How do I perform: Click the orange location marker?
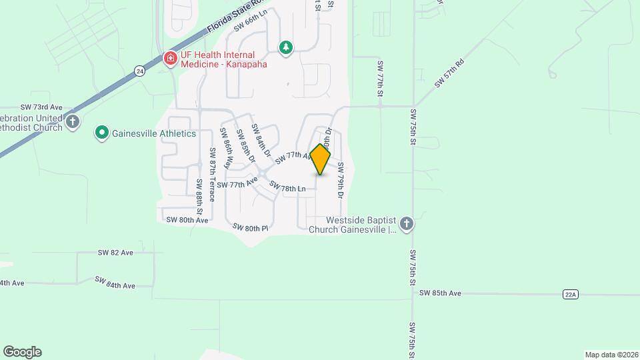click(x=321, y=159)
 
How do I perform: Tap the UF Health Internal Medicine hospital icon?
click(x=170, y=59)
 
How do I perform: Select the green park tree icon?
click(x=286, y=47)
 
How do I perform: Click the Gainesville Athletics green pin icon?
click(x=101, y=133)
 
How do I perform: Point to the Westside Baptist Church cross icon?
click(x=407, y=224)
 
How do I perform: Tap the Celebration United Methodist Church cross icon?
click(x=73, y=122)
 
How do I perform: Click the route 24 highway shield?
click(x=139, y=70)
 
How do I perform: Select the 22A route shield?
click(x=569, y=293)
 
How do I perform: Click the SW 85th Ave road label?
click(x=440, y=293)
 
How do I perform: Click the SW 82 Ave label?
click(x=115, y=253)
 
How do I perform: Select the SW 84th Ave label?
click(x=115, y=283)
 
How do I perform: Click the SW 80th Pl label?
click(x=251, y=228)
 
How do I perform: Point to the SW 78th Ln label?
click(x=287, y=189)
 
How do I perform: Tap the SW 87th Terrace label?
click(x=212, y=174)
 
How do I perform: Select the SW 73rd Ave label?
click(x=41, y=107)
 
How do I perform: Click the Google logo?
click(x=22, y=351)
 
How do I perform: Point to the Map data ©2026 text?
click(x=611, y=355)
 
